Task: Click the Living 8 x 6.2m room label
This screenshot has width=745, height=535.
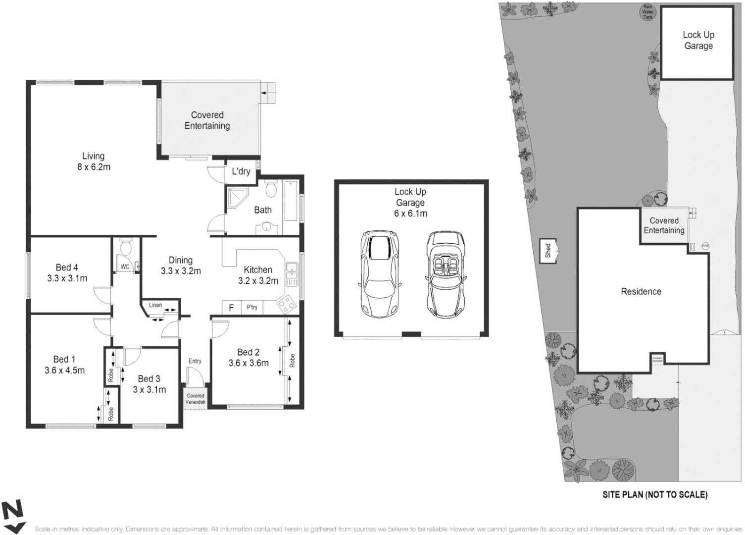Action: [93, 161]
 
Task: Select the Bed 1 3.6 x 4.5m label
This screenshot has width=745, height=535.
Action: [64, 365]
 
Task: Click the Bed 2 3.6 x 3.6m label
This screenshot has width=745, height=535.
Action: [248, 358]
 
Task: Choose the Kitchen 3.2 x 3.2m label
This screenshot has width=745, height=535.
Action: [258, 275]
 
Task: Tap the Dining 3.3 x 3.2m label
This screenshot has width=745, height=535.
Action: [181, 266]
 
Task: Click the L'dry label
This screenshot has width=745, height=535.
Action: [241, 171]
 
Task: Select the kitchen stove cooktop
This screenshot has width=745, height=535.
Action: [287, 304]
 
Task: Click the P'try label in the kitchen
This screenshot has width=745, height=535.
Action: [252, 308]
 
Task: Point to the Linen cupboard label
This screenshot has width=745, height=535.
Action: [155, 305]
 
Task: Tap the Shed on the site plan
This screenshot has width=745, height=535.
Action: [548, 251]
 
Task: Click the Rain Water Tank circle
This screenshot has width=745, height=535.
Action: [647, 12]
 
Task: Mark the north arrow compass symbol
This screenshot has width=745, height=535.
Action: [12, 516]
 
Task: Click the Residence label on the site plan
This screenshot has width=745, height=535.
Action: [641, 292]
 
